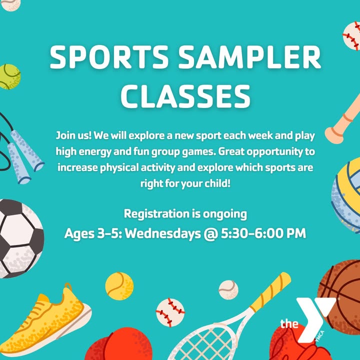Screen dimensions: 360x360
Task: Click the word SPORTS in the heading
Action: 109,57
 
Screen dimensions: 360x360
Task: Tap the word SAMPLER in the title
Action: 249,57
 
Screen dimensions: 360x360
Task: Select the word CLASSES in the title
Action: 185,96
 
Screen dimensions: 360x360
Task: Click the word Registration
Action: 156,214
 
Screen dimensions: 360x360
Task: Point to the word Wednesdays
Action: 163,233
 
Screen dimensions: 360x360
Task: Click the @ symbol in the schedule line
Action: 211,234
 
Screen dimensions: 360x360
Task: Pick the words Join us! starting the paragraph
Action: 73,135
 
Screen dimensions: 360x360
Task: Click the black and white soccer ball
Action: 20,239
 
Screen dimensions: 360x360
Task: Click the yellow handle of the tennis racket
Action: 270,289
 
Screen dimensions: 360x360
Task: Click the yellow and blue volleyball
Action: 346,195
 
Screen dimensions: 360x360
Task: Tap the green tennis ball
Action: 9,76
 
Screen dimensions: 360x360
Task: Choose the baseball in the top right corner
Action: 351,36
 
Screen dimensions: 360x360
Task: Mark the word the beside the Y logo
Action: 289,323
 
